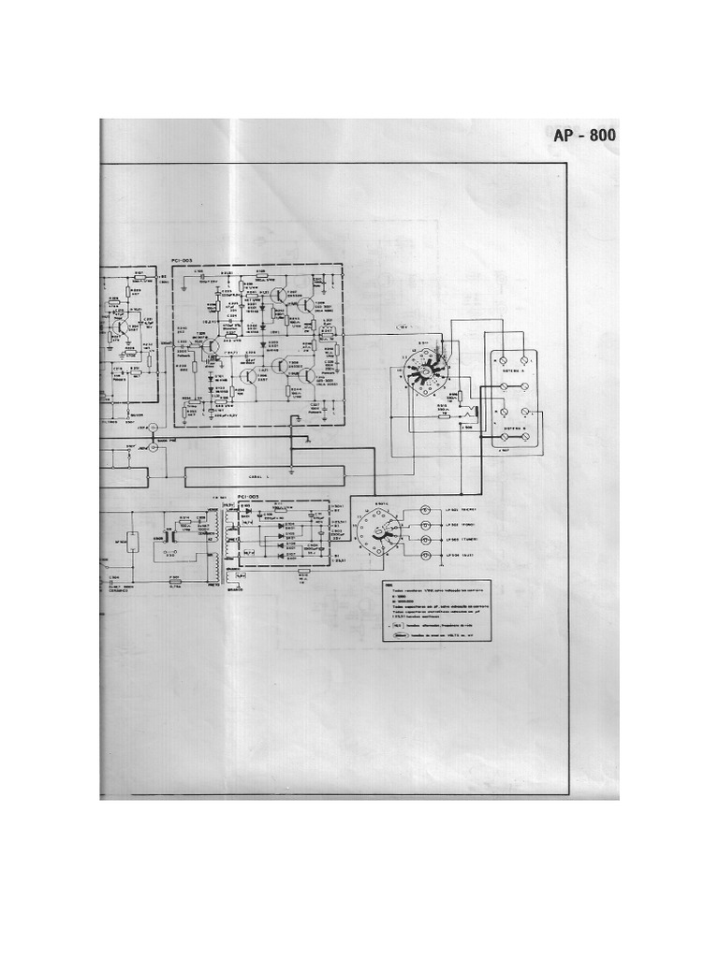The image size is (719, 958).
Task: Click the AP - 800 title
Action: (584, 136)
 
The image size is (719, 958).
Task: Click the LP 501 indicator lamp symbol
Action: (425, 510)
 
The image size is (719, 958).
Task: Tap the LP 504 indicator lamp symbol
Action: (425, 556)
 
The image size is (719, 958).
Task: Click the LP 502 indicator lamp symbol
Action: (425, 525)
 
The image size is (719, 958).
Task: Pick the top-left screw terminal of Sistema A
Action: (497, 359)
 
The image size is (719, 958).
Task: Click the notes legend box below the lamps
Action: (436, 614)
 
